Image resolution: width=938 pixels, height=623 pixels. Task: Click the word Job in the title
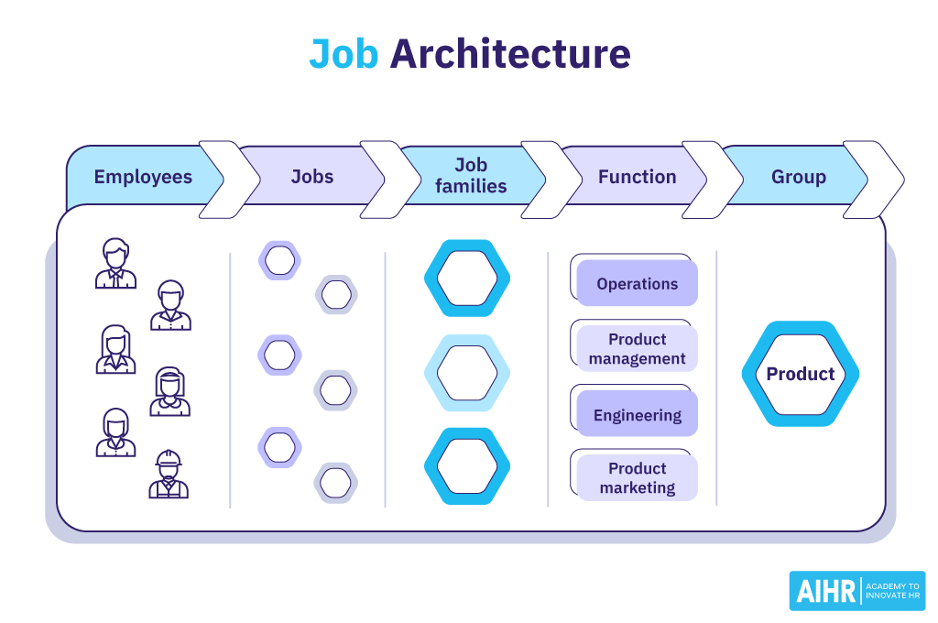[343, 55]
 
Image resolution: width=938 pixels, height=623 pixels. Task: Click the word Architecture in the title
[510, 55]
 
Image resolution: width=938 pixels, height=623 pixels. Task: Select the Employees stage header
[143, 177]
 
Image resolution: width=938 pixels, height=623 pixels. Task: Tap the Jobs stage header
[311, 177]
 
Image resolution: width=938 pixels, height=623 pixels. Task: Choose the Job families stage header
[471, 175]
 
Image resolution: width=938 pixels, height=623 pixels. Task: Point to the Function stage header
[637, 177]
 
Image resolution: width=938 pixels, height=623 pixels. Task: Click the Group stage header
[798, 177]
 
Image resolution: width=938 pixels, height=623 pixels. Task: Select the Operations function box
[637, 284]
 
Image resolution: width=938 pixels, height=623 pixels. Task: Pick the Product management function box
[637, 349]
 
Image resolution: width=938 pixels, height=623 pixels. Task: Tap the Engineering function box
[637, 415]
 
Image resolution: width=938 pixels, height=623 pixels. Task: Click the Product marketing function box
[637, 478]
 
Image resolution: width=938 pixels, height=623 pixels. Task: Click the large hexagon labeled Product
[800, 374]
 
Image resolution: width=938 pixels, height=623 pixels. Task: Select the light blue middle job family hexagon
[467, 373]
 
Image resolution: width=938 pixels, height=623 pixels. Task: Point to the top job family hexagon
[467, 279]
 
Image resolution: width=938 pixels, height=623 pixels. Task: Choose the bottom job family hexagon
[467, 466]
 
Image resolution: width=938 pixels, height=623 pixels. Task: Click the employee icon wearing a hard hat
[169, 475]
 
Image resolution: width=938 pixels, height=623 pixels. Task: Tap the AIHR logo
[856, 591]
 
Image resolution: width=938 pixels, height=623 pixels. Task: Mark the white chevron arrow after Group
[872, 180]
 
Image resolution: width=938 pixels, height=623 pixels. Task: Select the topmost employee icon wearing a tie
[115, 264]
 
